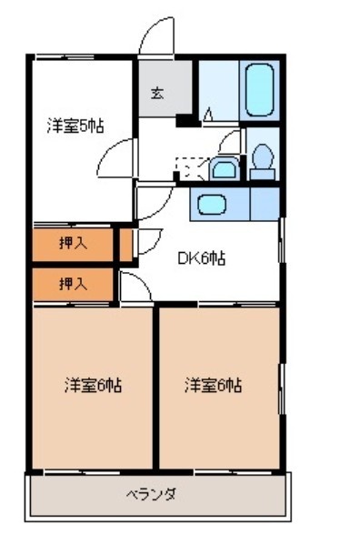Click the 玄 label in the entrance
coord(156,93)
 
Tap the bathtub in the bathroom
coord(260,89)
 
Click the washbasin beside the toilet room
coord(223,168)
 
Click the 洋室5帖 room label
coord(75,126)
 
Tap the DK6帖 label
coord(200,258)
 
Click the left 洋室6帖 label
coord(92,385)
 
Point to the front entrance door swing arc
coord(155,38)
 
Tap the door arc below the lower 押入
coord(136,288)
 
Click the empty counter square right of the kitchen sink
coord(265,204)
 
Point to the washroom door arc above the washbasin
coord(229,141)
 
